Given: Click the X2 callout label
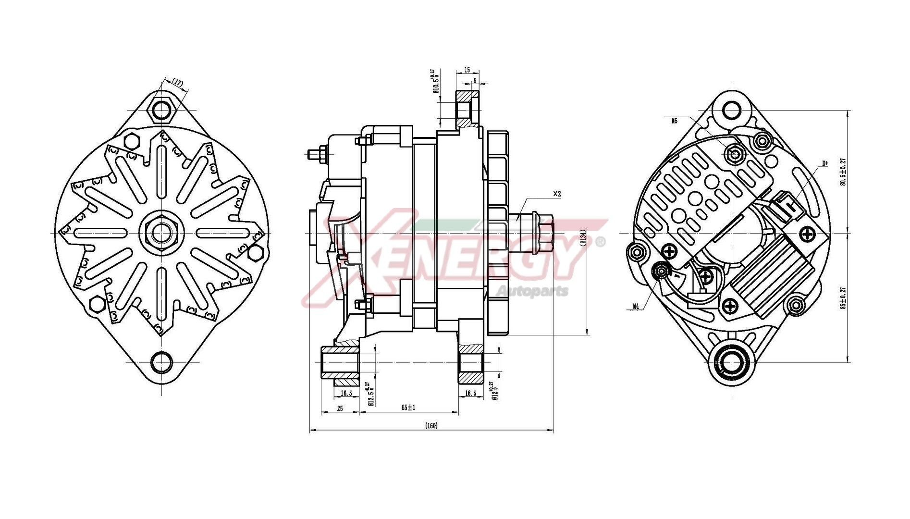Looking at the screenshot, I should pyautogui.click(x=557, y=194).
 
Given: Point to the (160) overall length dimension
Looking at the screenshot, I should pyautogui.click(x=431, y=426).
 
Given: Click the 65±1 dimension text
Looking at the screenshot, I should pyautogui.click(x=408, y=407).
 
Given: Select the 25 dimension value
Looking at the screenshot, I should pyautogui.click(x=340, y=408).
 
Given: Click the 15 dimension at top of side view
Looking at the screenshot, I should pyautogui.click(x=467, y=70).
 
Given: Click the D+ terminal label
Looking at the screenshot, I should pyautogui.click(x=825, y=163).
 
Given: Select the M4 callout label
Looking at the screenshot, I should pyautogui.click(x=636, y=306).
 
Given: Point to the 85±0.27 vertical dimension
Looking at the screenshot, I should pyautogui.click(x=842, y=298).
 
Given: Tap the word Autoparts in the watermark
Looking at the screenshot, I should pyautogui.click(x=532, y=291).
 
